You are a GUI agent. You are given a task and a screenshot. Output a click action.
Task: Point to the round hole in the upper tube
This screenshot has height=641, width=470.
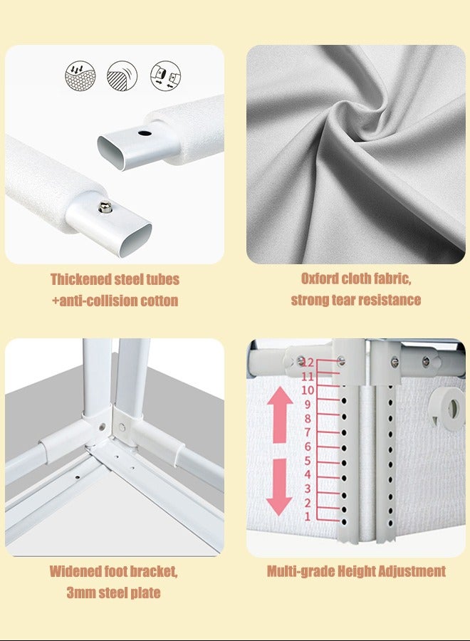pyautogui.click(x=145, y=132)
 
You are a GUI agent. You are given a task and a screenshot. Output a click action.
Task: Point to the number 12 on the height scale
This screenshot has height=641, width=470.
pyautogui.click(x=308, y=363)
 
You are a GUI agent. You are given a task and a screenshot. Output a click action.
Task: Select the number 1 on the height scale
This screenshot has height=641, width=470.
pyautogui.click(x=308, y=516)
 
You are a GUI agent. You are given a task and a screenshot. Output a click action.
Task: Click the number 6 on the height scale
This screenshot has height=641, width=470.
pyautogui.click(x=308, y=447)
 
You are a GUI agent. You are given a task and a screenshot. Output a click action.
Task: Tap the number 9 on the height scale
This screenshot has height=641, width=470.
pyautogui.click(x=308, y=405)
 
